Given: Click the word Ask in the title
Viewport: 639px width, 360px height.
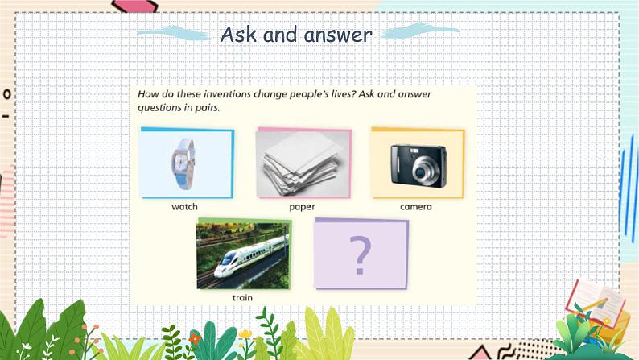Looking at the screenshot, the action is [238, 35].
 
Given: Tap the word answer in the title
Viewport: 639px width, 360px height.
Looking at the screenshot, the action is [338, 35].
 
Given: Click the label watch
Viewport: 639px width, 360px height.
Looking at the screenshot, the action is [184, 207].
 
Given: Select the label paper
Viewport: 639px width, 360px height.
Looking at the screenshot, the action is [302, 207].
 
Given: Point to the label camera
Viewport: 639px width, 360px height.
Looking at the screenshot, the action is [416, 207].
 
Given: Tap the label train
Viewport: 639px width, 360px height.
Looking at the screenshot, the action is [242, 298].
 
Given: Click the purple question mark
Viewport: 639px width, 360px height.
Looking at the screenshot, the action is [360, 255].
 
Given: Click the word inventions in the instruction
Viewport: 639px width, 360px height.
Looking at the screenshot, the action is [227, 94].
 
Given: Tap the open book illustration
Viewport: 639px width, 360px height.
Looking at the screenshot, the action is [596, 303].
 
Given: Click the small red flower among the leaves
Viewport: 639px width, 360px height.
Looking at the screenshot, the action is [196, 338].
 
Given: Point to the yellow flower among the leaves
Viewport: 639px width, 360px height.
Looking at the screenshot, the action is [245, 334].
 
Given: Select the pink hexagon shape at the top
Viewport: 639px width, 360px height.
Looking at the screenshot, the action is [135, 6].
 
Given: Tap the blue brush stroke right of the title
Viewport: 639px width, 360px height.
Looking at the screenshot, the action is [420, 31].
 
